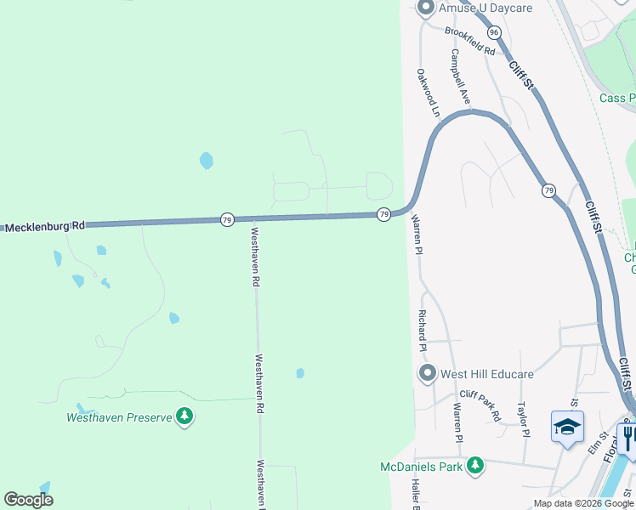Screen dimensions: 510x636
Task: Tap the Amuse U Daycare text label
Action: pyautogui.click(x=485, y=8)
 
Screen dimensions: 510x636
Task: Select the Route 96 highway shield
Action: pyautogui.click(x=494, y=31)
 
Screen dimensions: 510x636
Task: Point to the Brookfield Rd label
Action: pyautogui.click(x=469, y=41)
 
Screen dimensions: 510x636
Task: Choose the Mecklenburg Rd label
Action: pyautogui.click(x=46, y=227)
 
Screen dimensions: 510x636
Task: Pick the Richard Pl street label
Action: pyautogui.click(x=421, y=331)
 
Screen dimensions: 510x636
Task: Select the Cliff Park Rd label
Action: pyautogui.click(x=479, y=405)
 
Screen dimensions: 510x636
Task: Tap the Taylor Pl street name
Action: pyautogui.click(x=524, y=420)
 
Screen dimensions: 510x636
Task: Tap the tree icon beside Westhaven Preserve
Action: pyautogui.click(x=184, y=416)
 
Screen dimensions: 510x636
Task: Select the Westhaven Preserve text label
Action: pyautogui.click(x=119, y=417)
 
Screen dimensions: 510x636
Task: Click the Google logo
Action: pyautogui.click(x=29, y=500)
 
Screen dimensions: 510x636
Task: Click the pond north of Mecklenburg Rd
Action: pyautogui.click(x=206, y=160)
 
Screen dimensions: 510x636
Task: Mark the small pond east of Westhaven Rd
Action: pyautogui.click(x=300, y=373)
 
